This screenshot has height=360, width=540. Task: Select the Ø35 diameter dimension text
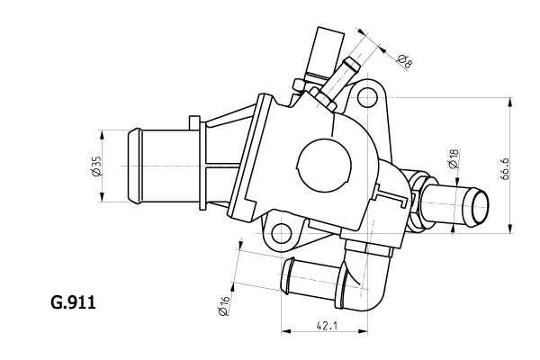tap(96, 166)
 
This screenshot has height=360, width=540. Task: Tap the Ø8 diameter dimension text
tap(404, 62)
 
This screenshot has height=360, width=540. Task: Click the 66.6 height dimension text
tap(530, 167)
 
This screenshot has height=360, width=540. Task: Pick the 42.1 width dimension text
tap(326, 328)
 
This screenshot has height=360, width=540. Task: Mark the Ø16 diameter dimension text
tap(222, 306)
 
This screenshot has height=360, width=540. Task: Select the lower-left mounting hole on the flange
tap(282, 233)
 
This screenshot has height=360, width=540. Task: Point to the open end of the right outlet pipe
tap(475, 208)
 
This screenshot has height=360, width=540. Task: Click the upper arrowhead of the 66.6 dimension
tap(512, 102)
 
